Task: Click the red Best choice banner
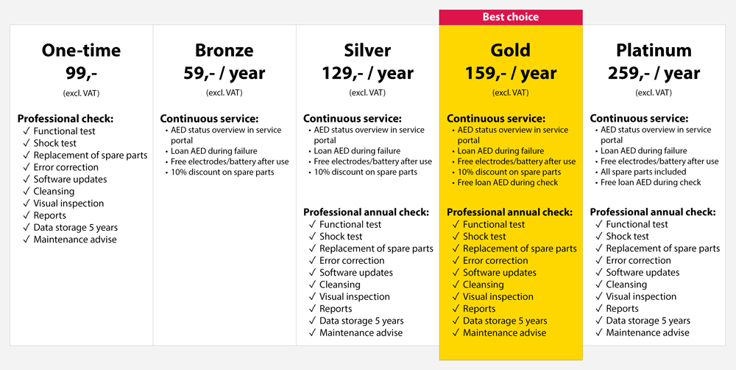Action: pos(511,17)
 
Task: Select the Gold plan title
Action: pos(511,50)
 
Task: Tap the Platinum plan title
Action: pos(654,50)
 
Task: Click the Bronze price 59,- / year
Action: pos(224,74)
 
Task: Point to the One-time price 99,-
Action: pos(81,74)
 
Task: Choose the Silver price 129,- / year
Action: pos(367,74)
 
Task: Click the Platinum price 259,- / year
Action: pos(654,74)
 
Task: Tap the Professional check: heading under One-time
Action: pos(66,119)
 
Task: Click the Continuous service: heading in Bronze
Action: pos(209,119)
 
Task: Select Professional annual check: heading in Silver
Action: pos(366,212)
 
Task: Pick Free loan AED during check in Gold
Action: pos(508,182)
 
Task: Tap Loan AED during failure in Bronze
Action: pos(214,151)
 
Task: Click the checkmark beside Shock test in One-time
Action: pos(26,144)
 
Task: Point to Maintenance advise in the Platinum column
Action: pos(648,333)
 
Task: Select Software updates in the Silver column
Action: pos(356,273)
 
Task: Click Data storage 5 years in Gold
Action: pos(505,321)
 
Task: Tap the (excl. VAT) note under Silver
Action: pos(367,93)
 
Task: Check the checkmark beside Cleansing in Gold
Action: pos(456,285)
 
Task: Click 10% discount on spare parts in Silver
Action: pos(366,172)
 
